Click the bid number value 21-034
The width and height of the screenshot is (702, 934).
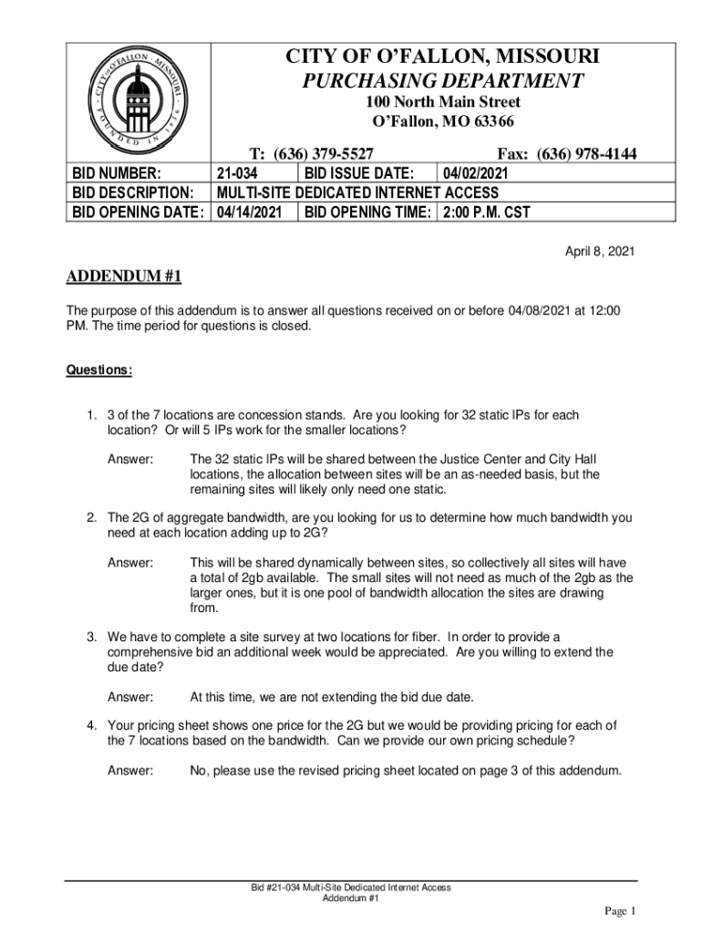(x=239, y=173)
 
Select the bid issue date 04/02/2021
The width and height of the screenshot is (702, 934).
(x=475, y=173)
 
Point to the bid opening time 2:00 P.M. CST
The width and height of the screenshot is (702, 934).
(x=486, y=213)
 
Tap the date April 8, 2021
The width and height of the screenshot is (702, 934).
(x=595, y=250)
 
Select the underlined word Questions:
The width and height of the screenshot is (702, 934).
(x=99, y=370)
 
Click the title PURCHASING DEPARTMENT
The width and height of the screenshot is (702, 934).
(x=443, y=81)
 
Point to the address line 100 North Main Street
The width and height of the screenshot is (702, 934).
(x=443, y=102)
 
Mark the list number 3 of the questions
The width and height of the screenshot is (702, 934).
(x=91, y=636)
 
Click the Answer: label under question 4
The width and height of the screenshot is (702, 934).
(x=130, y=771)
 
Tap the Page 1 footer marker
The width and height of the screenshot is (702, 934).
(x=619, y=911)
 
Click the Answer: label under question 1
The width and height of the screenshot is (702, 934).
(x=130, y=459)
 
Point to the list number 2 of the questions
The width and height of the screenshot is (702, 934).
(x=91, y=517)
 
